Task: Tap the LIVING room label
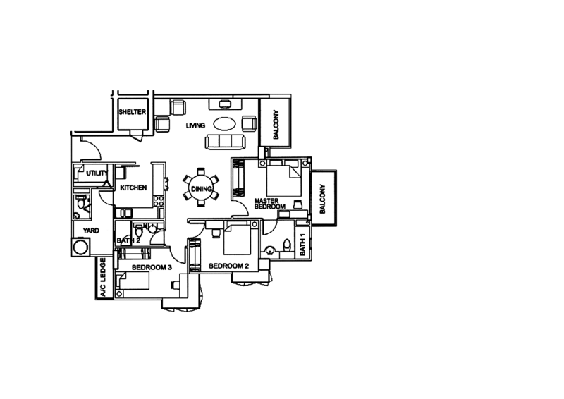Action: pos(195,125)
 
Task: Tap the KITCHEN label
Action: pos(132,188)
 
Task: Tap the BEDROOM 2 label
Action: pos(231,267)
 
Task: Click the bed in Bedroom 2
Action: pos(235,244)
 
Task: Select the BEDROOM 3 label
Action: pos(150,269)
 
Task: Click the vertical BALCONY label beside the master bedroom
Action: pos(324,192)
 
